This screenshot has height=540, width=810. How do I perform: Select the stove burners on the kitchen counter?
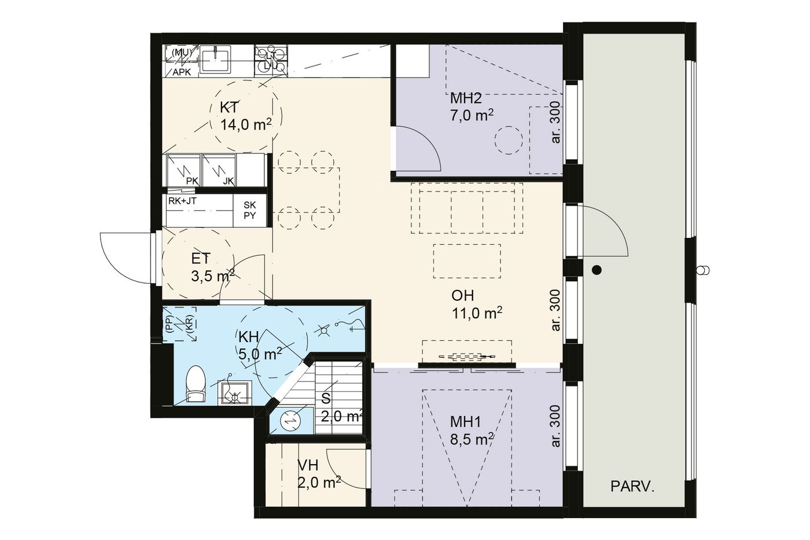click(x=271, y=60)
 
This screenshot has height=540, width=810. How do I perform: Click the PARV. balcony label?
click(x=632, y=487)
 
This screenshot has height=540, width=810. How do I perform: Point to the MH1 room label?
click(x=465, y=422)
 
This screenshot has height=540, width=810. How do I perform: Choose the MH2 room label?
click(x=466, y=98)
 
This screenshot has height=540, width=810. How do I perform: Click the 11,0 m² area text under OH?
click(x=477, y=313)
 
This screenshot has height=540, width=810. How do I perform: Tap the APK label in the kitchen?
click(x=182, y=72)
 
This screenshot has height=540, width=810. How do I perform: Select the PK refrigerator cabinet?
click(x=183, y=170)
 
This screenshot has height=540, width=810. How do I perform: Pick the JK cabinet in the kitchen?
click(x=219, y=170)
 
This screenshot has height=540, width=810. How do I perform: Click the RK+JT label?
click(x=182, y=201)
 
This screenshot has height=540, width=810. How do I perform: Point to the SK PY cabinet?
click(x=249, y=211)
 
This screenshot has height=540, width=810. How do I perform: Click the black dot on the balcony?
click(x=597, y=270)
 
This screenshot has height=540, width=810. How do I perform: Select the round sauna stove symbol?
click(x=290, y=420)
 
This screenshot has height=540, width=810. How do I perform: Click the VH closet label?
click(x=308, y=465)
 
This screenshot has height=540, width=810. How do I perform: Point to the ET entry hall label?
click(x=200, y=259)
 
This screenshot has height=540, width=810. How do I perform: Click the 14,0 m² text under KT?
click(x=246, y=125)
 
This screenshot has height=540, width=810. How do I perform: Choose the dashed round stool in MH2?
click(x=509, y=140)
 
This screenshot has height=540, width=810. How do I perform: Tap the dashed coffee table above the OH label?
click(x=467, y=261)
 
